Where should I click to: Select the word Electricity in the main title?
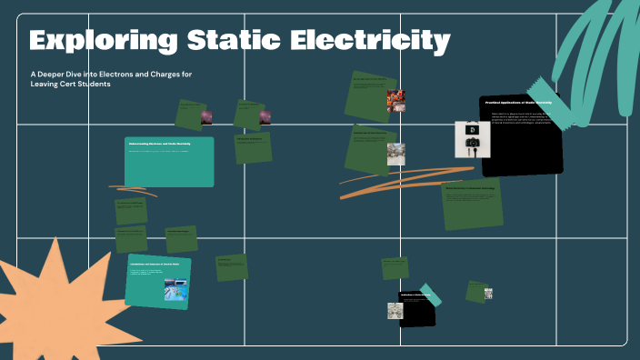[x=382, y=41]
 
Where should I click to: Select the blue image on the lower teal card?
[x=175, y=289]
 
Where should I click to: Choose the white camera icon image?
[x=473, y=139]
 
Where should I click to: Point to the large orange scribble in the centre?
[x=400, y=181]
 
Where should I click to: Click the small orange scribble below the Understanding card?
[x=132, y=191]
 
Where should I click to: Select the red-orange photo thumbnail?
[x=396, y=100]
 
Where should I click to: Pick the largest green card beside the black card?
[x=472, y=205]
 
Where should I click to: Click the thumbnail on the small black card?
[x=395, y=311]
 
